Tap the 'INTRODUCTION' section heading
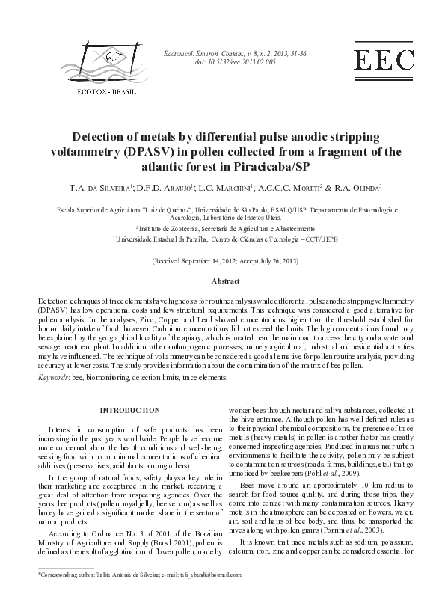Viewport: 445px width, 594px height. tap(130, 410)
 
